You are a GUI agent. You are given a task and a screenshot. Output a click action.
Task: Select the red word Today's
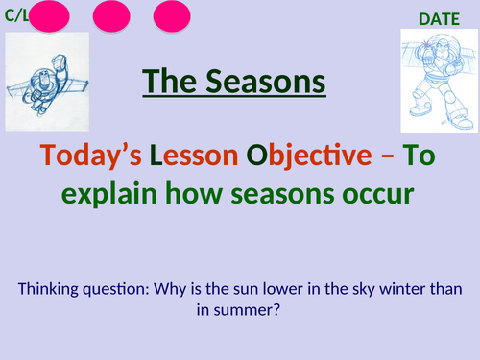(112, 154)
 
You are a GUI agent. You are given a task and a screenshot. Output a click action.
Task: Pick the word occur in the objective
(378, 193)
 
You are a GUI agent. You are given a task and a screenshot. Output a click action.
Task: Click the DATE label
(440, 17)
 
